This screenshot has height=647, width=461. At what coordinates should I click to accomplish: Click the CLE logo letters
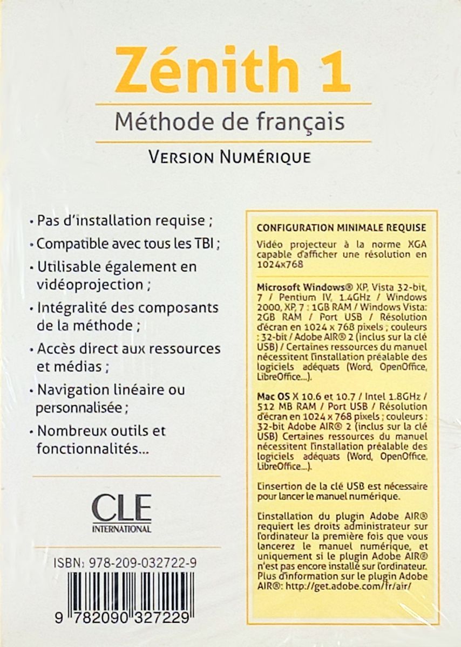click(121, 507)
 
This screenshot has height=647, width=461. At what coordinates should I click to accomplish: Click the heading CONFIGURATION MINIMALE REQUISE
click(341, 228)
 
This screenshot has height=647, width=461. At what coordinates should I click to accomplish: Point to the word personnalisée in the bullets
click(79, 408)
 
